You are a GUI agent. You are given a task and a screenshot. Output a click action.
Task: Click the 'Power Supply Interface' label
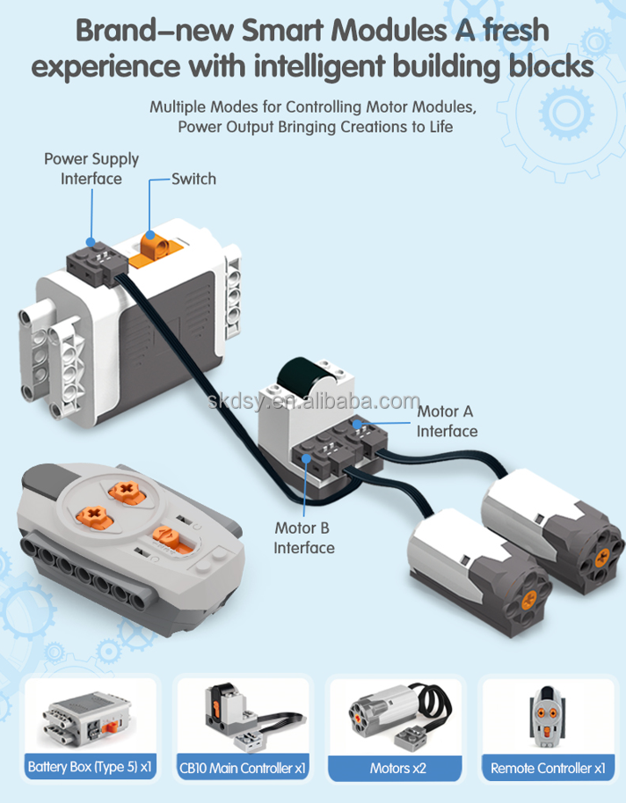91,168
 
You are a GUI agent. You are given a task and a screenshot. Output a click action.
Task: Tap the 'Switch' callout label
193,179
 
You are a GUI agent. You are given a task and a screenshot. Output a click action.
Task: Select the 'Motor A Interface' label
447,421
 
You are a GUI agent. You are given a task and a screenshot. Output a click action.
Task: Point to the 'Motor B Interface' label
304,537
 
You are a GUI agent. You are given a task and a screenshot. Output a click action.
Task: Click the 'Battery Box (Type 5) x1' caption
91,767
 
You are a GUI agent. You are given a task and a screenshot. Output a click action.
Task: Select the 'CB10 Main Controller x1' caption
243,768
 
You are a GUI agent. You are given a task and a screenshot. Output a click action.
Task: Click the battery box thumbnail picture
91,712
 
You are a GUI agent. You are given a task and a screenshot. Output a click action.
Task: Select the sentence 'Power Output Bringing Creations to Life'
315,127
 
